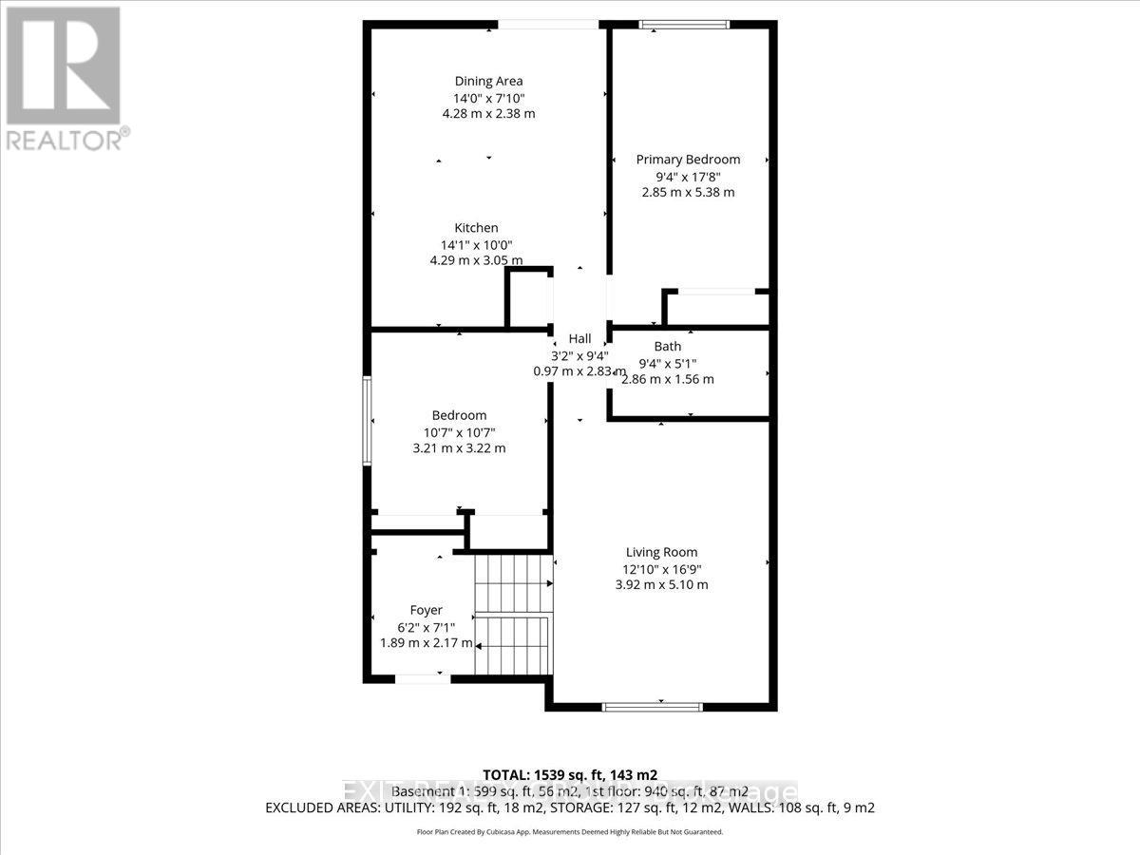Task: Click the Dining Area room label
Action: (x=488, y=81)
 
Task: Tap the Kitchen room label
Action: (x=476, y=228)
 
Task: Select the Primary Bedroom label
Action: (x=688, y=160)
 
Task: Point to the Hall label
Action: (x=579, y=339)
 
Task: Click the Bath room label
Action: (x=667, y=347)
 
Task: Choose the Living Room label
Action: (x=661, y=552)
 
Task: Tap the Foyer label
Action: (x=426, y=610)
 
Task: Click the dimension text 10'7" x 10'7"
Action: (x=459, y=431)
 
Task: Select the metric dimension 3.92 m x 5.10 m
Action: (x=661, y=584)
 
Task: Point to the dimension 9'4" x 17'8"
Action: (x=688, y=176)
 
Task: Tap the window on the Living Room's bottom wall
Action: (x=653, y=707)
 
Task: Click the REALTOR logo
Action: (x=64, y=76)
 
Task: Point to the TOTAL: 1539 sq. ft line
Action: (x=570, y=774)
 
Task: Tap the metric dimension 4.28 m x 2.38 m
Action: (x=488, y=113)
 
